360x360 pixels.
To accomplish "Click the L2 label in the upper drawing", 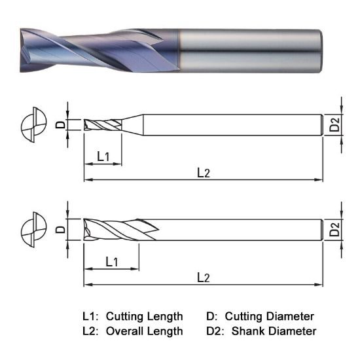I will [204, 173].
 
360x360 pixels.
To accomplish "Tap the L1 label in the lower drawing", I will [111, 262].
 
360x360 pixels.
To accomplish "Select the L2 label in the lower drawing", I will [204, 278].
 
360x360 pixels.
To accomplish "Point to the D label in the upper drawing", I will [60, 125].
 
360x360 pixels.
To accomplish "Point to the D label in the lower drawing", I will [60, 230].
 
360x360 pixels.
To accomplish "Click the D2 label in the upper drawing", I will [334, 124].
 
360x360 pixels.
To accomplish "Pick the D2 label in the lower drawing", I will [334, 230].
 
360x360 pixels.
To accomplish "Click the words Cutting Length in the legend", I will [144, 316].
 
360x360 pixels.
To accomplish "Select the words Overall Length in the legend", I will [144, 331].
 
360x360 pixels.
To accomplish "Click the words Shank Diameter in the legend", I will [274, 331].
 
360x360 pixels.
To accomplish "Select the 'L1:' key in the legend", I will [90, 316].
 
